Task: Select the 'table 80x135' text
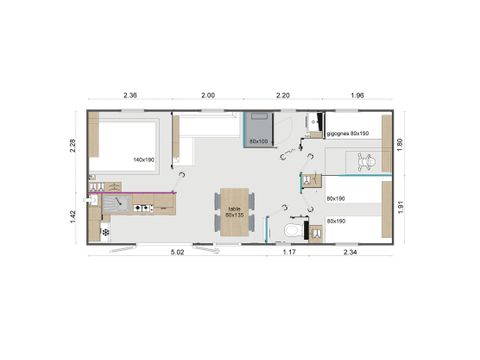pos(234,212)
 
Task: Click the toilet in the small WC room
pos(291,231)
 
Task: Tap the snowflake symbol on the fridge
pos(105,232)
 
